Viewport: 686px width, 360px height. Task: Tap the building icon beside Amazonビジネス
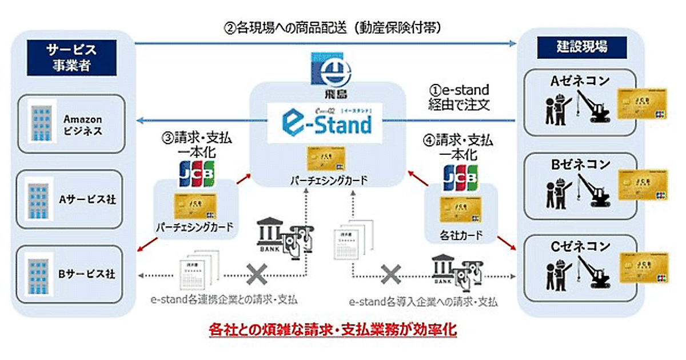pyautogui.click(x=41, y=125)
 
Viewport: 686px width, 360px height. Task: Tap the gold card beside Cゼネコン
pyautogui.click(x=643, y=267)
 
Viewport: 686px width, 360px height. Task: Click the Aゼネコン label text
pyautogui.click(x=581, y=81)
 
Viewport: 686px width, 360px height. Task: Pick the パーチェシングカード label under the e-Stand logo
pyautogui.click(x=328, y=181)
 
